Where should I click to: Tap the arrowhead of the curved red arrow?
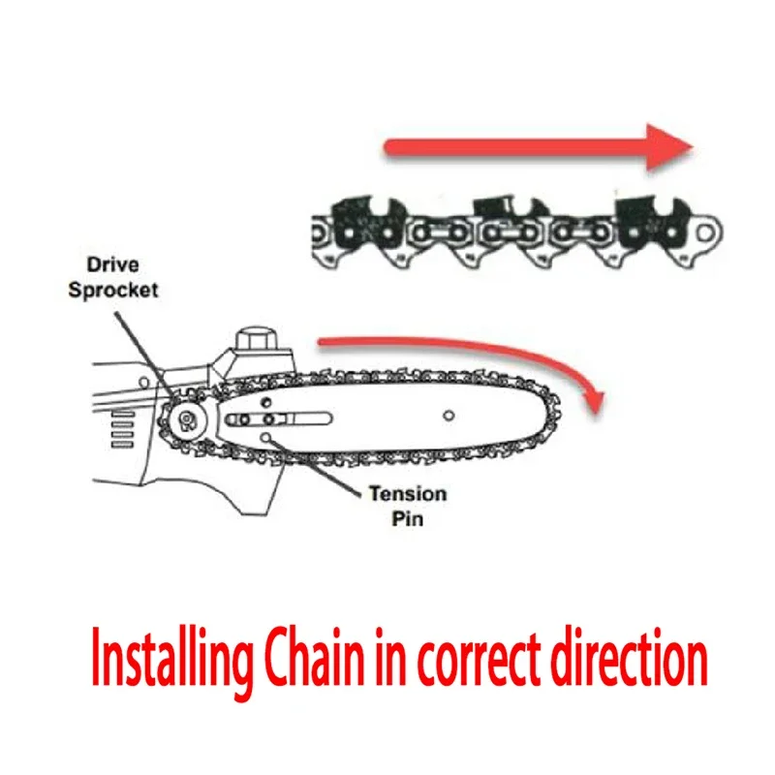point(591,397)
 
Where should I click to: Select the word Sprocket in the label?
point(113,290)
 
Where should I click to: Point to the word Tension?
point(407,494)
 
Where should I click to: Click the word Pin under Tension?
point(407,518)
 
